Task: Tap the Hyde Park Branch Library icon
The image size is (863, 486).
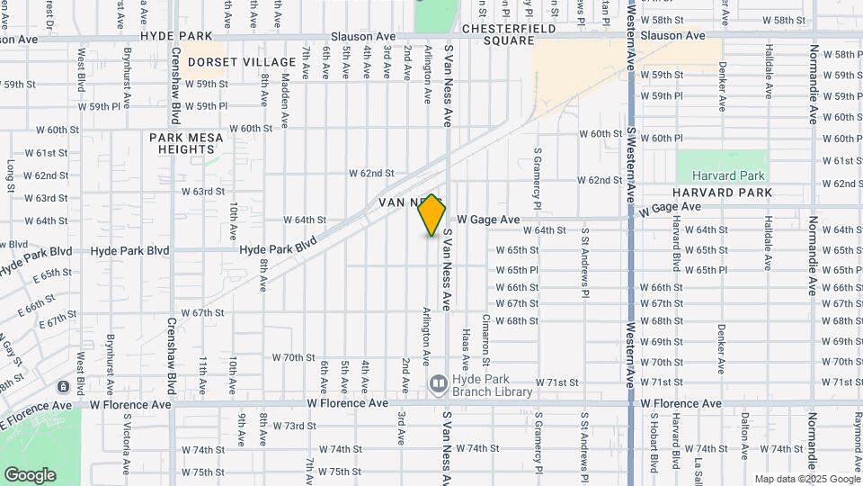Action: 438,384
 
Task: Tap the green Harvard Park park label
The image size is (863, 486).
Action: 721,175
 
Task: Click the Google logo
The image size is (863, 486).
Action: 30,474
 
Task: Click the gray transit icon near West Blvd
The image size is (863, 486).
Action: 63,386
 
